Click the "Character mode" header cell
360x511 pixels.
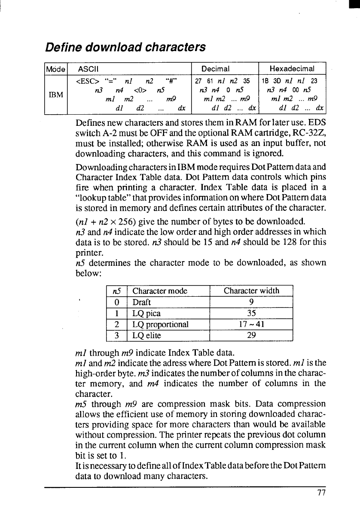160,291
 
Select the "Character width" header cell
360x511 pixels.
251,291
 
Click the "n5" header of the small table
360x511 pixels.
115,291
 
